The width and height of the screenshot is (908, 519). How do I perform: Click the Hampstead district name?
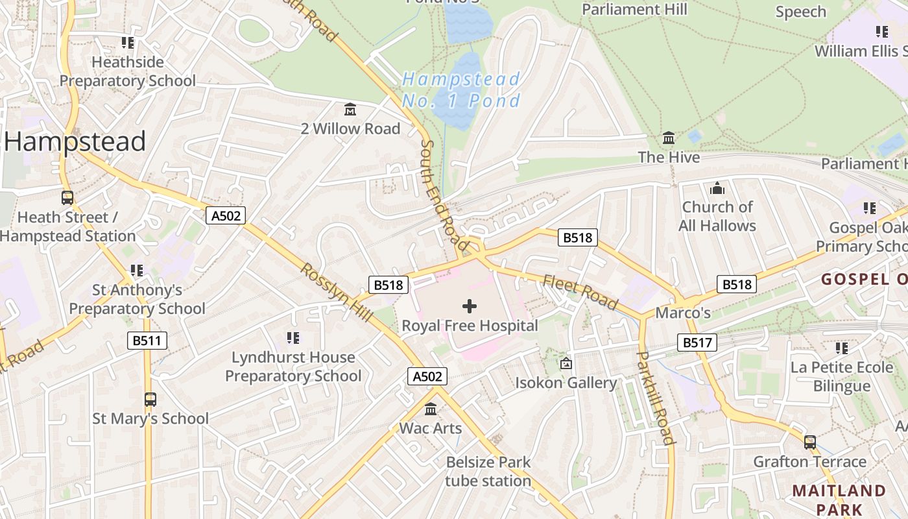75,141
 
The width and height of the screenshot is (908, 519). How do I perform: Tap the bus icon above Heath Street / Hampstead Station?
67,198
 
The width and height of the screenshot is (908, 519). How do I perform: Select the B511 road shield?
147,341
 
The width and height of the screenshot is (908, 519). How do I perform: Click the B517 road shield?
697,342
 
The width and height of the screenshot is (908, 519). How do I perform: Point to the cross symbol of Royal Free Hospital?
470,306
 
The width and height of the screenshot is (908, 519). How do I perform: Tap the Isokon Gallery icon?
566,363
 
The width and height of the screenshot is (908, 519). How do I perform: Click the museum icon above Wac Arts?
431,409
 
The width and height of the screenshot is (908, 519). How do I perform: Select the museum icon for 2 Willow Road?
350,109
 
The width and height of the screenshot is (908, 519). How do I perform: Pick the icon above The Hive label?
669,138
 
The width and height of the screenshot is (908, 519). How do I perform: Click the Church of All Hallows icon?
717,188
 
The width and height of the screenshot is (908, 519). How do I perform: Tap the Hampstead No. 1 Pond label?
461,90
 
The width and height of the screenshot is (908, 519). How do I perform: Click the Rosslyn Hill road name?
336,292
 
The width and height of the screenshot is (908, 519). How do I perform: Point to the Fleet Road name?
580,292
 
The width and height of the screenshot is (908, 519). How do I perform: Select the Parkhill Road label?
656,398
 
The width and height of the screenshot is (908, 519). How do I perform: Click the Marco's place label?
683,313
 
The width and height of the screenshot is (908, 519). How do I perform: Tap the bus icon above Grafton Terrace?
810,442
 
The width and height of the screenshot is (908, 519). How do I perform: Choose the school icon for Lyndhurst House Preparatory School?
293,337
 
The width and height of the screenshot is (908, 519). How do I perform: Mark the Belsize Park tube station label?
488,472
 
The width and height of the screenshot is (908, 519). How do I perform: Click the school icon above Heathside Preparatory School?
128,43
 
